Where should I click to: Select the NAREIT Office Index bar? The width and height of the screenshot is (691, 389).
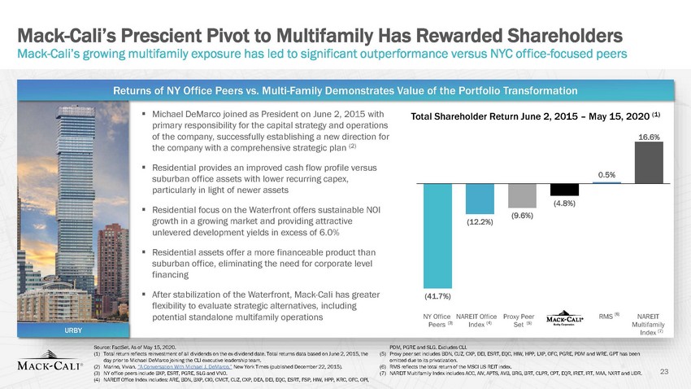tap(480, 199)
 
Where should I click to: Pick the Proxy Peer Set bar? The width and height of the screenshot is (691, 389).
tap(521, 194)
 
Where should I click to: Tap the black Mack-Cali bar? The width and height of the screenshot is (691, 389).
tap(564, 189)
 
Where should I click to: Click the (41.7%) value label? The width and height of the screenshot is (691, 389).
tap(437, 297)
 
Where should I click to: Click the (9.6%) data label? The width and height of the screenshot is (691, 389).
tap(522, 216)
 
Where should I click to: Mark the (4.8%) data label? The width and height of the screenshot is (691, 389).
tap(564, 203)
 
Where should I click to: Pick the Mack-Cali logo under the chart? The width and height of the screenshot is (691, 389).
tap(564, 318)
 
